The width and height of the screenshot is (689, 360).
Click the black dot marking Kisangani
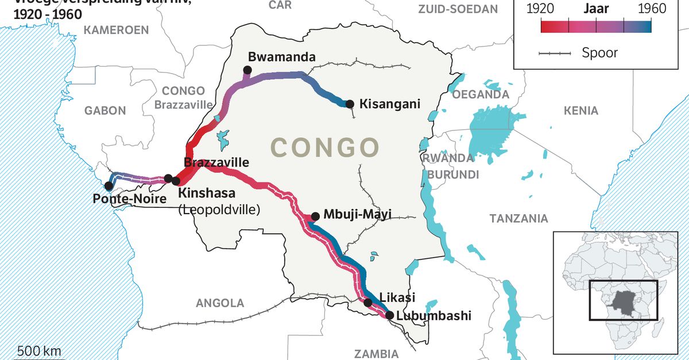tap(349, 104)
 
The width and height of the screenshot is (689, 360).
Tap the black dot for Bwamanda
tap(247, 70)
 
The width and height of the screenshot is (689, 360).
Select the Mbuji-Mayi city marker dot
tap(315, 216)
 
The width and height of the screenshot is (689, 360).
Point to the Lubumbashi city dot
tap(389, 315)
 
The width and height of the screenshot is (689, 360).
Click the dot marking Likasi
tap(368, 302)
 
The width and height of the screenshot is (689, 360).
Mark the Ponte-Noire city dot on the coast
tap(108, 185)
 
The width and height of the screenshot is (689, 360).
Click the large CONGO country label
tap(325, 148)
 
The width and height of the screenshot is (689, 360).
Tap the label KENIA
tap(580, 111)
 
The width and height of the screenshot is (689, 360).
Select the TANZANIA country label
tap(518, 218)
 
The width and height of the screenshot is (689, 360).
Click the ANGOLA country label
tap(220, 303)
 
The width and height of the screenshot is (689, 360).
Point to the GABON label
tap(105, 111)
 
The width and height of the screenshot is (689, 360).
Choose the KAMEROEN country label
tap(116, 30)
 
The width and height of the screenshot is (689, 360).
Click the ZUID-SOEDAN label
tap(458, 9)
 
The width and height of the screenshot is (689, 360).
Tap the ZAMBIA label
tap(376, 353)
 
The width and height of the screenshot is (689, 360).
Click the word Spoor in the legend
tap(599, 53)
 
